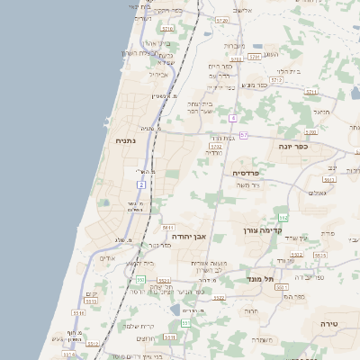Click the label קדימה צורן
(x=263, y=230)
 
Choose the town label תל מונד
(x=261, y=280)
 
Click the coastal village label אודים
(x=107, y=258)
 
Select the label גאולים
(x=317, y=193)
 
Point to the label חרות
(x=253, y=310)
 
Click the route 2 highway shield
(x=141, y=184)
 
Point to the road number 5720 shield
(x=221, y=20)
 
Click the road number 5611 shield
(x=167, y=229)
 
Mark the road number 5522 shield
(x=165, y=281)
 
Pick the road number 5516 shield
(x=79, y=313)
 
